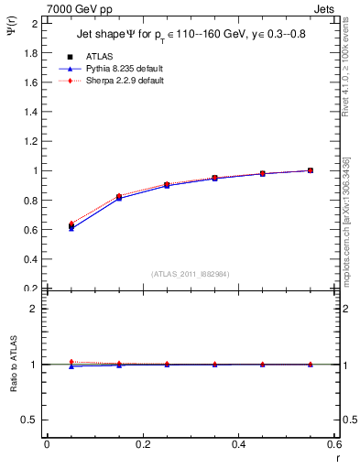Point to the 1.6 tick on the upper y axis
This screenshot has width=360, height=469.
pyautogui.click(x=31, y=82)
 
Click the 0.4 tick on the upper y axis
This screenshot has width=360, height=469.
pyautogui.click(x=31, y=259)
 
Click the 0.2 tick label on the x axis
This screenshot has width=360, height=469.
pyautogui.click(x=142, y=444)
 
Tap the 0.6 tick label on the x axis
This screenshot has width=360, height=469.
pyautogui.click(x=334, y=444)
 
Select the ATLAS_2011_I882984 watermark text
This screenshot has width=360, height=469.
pyautogui.click(x=190, y=274)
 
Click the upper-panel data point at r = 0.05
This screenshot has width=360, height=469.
pyautogui.click(x=71, y=225)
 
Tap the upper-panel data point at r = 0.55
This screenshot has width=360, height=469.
pyautogui.click(x=311, y=170)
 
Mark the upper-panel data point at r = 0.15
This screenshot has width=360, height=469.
pyautogui.click(x=119, y=197)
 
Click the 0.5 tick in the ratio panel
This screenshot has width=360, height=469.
pyautogui.click(x=31, y=420)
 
